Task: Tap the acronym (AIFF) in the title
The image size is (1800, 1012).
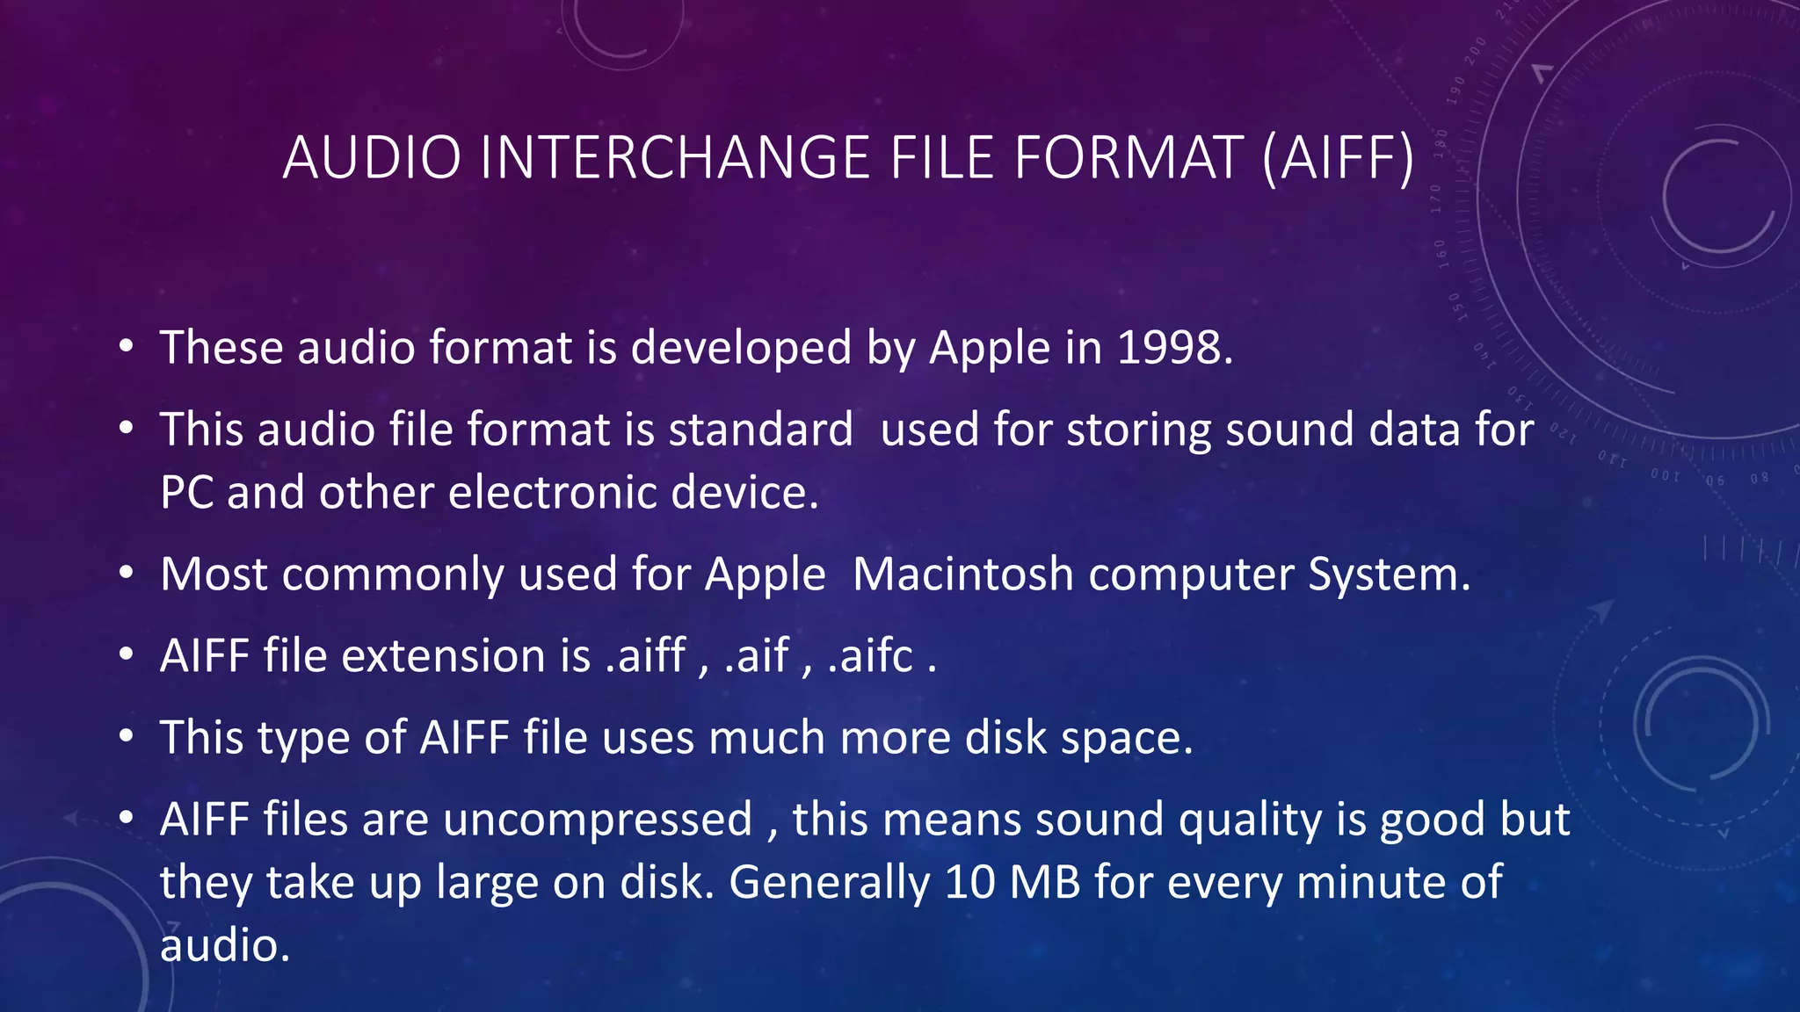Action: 1339,159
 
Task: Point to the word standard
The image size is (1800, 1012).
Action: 760,430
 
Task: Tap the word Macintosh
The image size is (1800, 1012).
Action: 963,575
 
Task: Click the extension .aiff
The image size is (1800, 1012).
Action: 646,656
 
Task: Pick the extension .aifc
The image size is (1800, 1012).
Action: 871,656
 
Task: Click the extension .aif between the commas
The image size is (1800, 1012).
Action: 757,656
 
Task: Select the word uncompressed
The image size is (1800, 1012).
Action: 598,820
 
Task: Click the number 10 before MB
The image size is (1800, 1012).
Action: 969,883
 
